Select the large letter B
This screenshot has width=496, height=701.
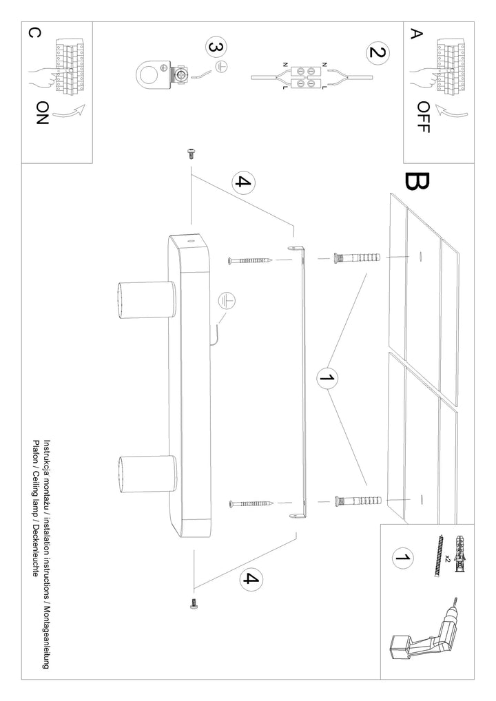(x=417, y=181)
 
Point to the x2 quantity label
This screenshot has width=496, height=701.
(x=447, y=558)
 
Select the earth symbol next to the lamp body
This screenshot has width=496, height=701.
(x=225, y=301)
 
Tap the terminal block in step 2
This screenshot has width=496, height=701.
(x=307, y=76)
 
